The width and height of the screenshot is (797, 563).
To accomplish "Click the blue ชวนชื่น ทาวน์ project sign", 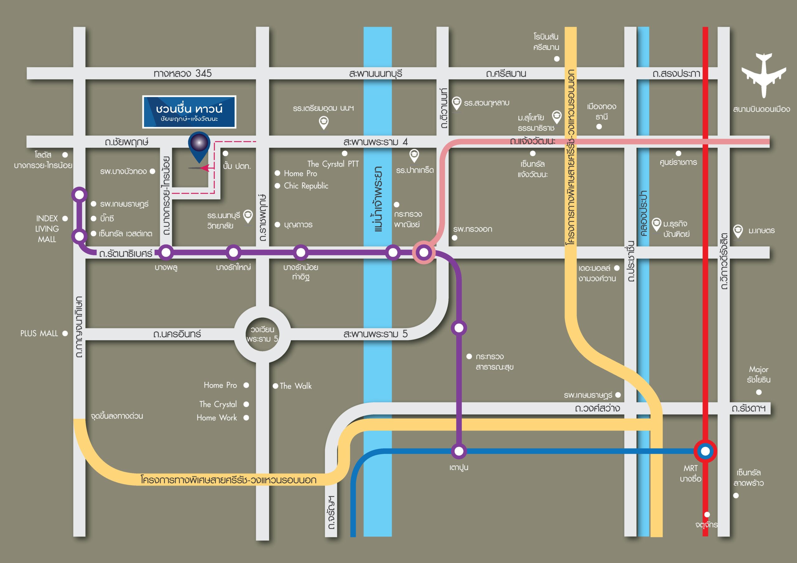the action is pos(189,112).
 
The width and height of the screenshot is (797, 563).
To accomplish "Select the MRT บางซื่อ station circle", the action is pos(705,451).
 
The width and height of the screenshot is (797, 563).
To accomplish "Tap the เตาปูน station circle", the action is pos(459,451).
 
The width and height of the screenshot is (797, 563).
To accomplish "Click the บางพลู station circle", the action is pos(166,252).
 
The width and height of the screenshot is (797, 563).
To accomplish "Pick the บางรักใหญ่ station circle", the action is pos(233,252).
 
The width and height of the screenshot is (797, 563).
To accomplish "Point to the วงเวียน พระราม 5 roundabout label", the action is pos(262,334).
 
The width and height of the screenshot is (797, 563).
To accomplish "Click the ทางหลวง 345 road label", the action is pos(182,73).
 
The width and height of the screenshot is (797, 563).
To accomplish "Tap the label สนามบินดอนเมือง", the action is pos(762,109).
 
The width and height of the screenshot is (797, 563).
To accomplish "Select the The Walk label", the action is pos(296,386).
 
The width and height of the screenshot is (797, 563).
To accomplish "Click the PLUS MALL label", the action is pos(39,333).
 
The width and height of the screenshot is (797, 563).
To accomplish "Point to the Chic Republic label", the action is pos(306,186).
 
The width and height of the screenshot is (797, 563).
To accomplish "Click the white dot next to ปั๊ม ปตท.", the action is pos(225,153).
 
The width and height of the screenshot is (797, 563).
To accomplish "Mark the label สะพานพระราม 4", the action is pos(375,142).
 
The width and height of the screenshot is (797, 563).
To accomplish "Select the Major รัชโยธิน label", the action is pos(758,374).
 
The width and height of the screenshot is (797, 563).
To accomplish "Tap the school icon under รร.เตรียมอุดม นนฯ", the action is pos(324,123).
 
